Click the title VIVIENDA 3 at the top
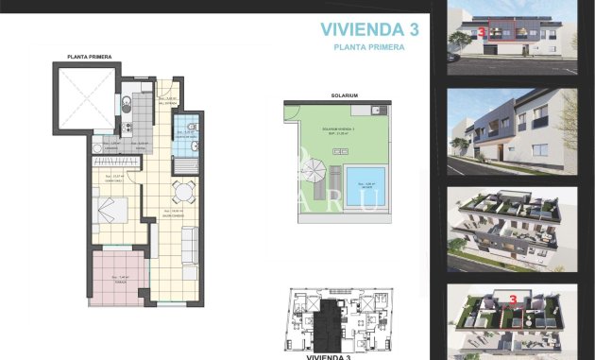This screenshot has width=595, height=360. click(x=368, y=29)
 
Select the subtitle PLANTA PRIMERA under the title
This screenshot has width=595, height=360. click(x=369, y=46)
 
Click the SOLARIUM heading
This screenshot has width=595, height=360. click(x=343, y=95)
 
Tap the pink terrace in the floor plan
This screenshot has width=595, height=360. click(x=117, y=276)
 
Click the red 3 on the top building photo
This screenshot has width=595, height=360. click(x=483, y=31)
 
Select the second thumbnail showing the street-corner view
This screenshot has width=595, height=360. click(x=511, y=132)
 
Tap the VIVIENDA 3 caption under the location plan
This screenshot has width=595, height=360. click(x=328, y=356)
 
